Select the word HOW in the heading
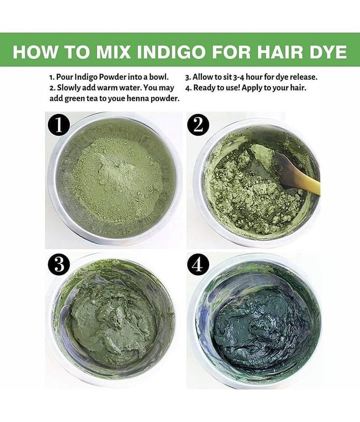click(x=34, y=52)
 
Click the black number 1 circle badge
click(x=59, y=126)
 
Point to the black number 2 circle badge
click(x=198, y=125)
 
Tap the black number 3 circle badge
click(x=59, y=264)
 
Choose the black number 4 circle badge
click(x=198, y=264)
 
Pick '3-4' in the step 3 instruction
click(x=238, y=77)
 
